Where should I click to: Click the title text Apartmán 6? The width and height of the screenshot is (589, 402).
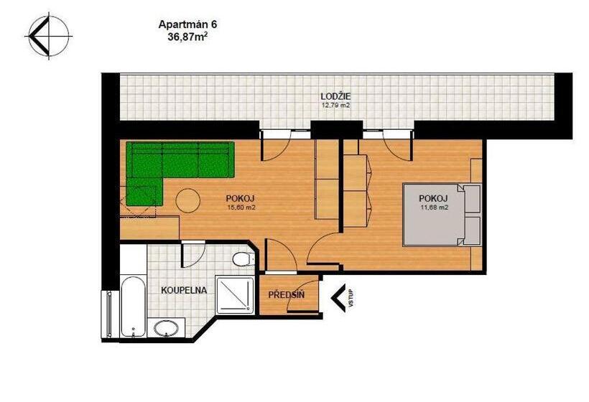(187, 24)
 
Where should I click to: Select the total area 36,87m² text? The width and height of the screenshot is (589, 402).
(187, 35)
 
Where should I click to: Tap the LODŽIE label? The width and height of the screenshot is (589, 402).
(335, 96)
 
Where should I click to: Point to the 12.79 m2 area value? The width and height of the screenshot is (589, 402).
(335, 105)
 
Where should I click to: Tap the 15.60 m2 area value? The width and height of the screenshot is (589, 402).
(241, 207)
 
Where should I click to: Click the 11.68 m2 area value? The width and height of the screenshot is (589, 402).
(434, 207)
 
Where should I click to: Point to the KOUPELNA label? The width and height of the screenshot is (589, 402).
(184, 291)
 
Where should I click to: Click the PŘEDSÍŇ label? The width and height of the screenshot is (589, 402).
(287, 295)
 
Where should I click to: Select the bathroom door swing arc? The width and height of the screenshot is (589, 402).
(194, 253)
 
